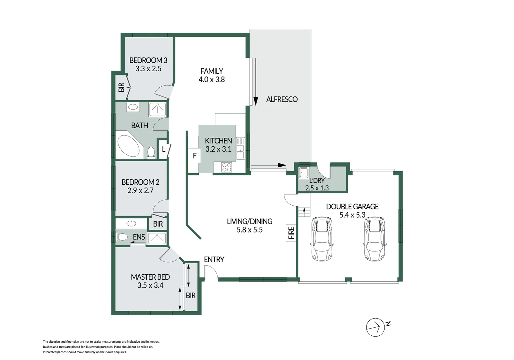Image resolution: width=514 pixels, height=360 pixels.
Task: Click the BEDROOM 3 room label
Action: point(148,60)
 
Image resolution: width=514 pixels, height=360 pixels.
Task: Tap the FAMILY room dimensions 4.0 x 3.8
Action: point(211,80)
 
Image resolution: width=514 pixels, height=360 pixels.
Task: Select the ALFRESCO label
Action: point(282,99)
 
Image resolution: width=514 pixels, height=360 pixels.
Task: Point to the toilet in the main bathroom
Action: point(151,153)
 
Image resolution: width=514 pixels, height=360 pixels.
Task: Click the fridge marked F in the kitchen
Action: point(194,156)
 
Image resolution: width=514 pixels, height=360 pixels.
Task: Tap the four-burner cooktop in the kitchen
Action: point(227,167)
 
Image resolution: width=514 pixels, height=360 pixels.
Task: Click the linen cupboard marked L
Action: point(164,149)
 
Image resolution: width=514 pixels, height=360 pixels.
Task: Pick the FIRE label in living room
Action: point(291,233)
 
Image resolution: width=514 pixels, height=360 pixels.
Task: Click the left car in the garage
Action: point(322,238)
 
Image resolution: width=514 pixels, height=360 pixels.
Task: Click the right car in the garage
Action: point(374,238)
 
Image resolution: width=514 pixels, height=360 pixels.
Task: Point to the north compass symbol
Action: point(376,327)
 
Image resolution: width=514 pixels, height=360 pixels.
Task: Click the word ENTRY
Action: point(214,259)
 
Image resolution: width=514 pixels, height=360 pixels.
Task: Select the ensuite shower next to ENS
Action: point(157,238)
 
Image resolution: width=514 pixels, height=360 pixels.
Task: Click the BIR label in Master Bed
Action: point(190,295)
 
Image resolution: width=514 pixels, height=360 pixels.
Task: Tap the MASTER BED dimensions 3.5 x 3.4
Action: point(150,286)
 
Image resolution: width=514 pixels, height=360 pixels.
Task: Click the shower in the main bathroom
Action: point(157,109)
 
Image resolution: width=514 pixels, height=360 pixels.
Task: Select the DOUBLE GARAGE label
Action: point(352,207)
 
